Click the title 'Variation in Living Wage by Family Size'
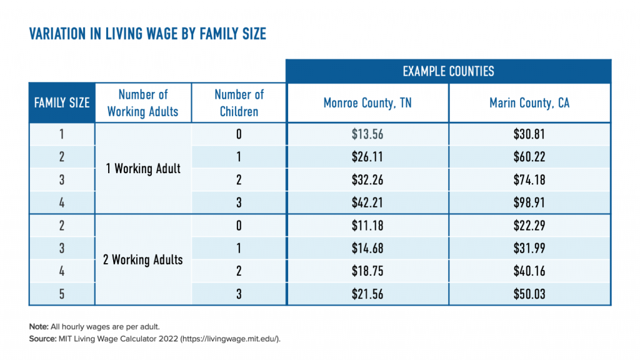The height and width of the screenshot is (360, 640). [147, 34]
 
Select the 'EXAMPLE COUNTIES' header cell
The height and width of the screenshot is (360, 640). [448, 71]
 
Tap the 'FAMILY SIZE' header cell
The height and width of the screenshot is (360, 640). [62, 102]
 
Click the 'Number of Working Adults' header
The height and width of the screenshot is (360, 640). [143, 103]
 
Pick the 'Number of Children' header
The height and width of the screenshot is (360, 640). [239, 103]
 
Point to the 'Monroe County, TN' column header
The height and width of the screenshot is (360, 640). [367, 103]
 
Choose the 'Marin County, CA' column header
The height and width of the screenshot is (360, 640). [529, 103]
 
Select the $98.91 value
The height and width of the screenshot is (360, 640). [529, 202]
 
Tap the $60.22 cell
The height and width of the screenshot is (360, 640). [529, 157]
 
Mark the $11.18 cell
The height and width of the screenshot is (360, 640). [367, 226]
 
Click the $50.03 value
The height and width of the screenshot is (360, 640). [529, 294]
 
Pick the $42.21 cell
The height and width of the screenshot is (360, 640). [367, 202]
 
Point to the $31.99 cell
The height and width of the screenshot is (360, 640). [529, 248]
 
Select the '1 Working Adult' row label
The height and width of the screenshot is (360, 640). [143, 169]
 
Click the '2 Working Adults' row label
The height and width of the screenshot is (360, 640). [143, 260]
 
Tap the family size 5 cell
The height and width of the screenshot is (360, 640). [62, 294]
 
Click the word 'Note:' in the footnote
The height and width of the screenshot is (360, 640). [38, 327]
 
